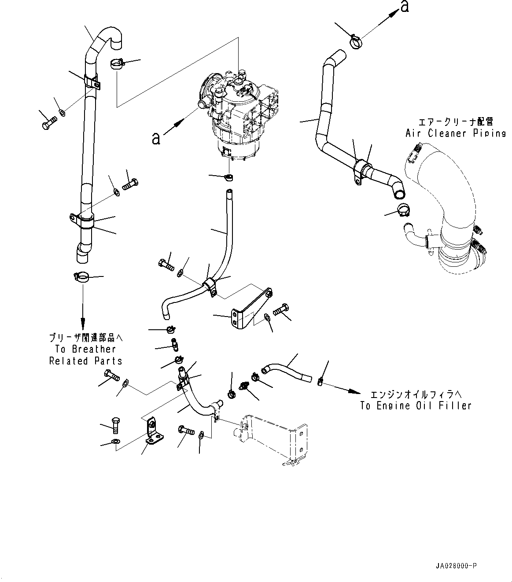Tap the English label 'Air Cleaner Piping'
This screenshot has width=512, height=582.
click(455, 133)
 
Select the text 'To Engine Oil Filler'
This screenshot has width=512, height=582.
click(416, 405)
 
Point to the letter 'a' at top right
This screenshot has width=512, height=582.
click(404, 7)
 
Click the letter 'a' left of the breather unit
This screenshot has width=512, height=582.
click(155, 138)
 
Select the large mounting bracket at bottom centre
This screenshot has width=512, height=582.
click(273, 438)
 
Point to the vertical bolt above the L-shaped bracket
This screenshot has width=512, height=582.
click(115, 425)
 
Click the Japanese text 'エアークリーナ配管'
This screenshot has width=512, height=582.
click(455, 122)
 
